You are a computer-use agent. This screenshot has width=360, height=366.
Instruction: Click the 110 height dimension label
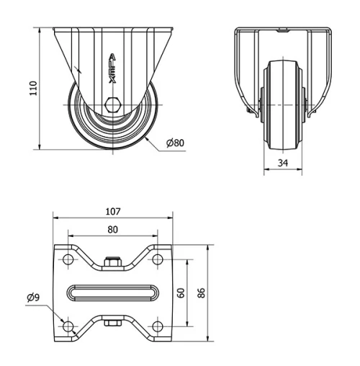22,89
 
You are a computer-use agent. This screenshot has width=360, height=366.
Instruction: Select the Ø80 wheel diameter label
175,143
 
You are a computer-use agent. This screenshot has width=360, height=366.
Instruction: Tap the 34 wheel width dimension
283,164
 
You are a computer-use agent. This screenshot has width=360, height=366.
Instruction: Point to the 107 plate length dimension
112,212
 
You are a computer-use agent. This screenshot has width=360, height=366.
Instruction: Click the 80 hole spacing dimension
112,230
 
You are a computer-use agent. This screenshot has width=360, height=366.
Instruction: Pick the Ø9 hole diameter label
34,297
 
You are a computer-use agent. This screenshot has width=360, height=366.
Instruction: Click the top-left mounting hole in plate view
68,259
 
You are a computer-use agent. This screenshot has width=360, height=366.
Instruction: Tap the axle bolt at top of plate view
112,262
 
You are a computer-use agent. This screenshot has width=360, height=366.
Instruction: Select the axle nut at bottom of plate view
112,323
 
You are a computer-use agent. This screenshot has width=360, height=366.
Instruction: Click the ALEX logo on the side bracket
112,68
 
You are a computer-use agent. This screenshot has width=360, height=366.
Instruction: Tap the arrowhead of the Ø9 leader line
63,321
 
